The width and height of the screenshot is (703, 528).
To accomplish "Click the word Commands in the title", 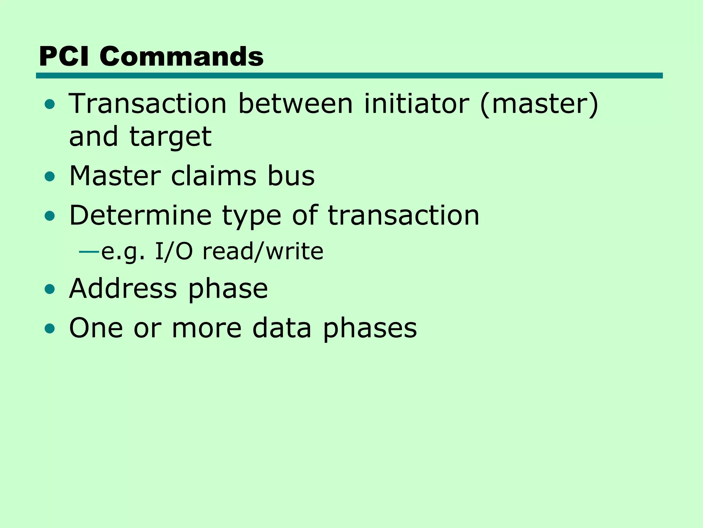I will pos(182,56).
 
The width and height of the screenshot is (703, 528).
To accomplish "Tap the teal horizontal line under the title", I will pos(349,76).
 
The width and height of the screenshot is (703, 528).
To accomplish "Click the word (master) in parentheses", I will pos(539,104).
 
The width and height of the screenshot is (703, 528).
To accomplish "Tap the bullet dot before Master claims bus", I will pos(50,177).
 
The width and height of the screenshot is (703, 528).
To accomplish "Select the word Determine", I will pos(140,216).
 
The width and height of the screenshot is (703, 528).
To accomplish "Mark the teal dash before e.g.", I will pos(89,252).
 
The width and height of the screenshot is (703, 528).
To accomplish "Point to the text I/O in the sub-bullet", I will pos(174,251).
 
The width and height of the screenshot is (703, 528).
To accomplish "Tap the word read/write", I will pos(263,251).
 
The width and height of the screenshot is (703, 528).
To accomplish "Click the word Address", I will pos(123,288).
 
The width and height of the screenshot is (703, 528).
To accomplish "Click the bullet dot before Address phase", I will pos(50,289).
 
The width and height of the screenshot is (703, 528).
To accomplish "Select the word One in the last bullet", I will pos(96,328).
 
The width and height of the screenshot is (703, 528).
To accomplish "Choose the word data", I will pos(282,328).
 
